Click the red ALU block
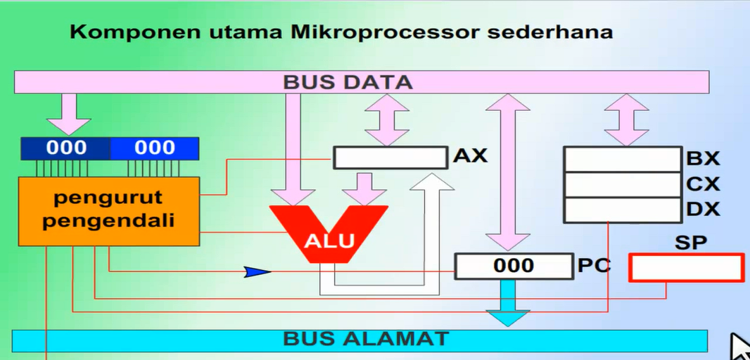coord(329,236)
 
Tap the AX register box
coord(390,157)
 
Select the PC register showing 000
coord(513,266)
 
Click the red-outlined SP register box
coord(686,268)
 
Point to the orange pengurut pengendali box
coord(109,210)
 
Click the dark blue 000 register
coord(66,148)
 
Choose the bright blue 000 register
coord(154,148)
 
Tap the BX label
coord(703,158)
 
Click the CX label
coord(703,184)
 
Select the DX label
coord(703,210)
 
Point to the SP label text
coord(690,243)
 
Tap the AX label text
coord(470,156)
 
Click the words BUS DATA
coord(348,82)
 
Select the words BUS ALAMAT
coord(365,339)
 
